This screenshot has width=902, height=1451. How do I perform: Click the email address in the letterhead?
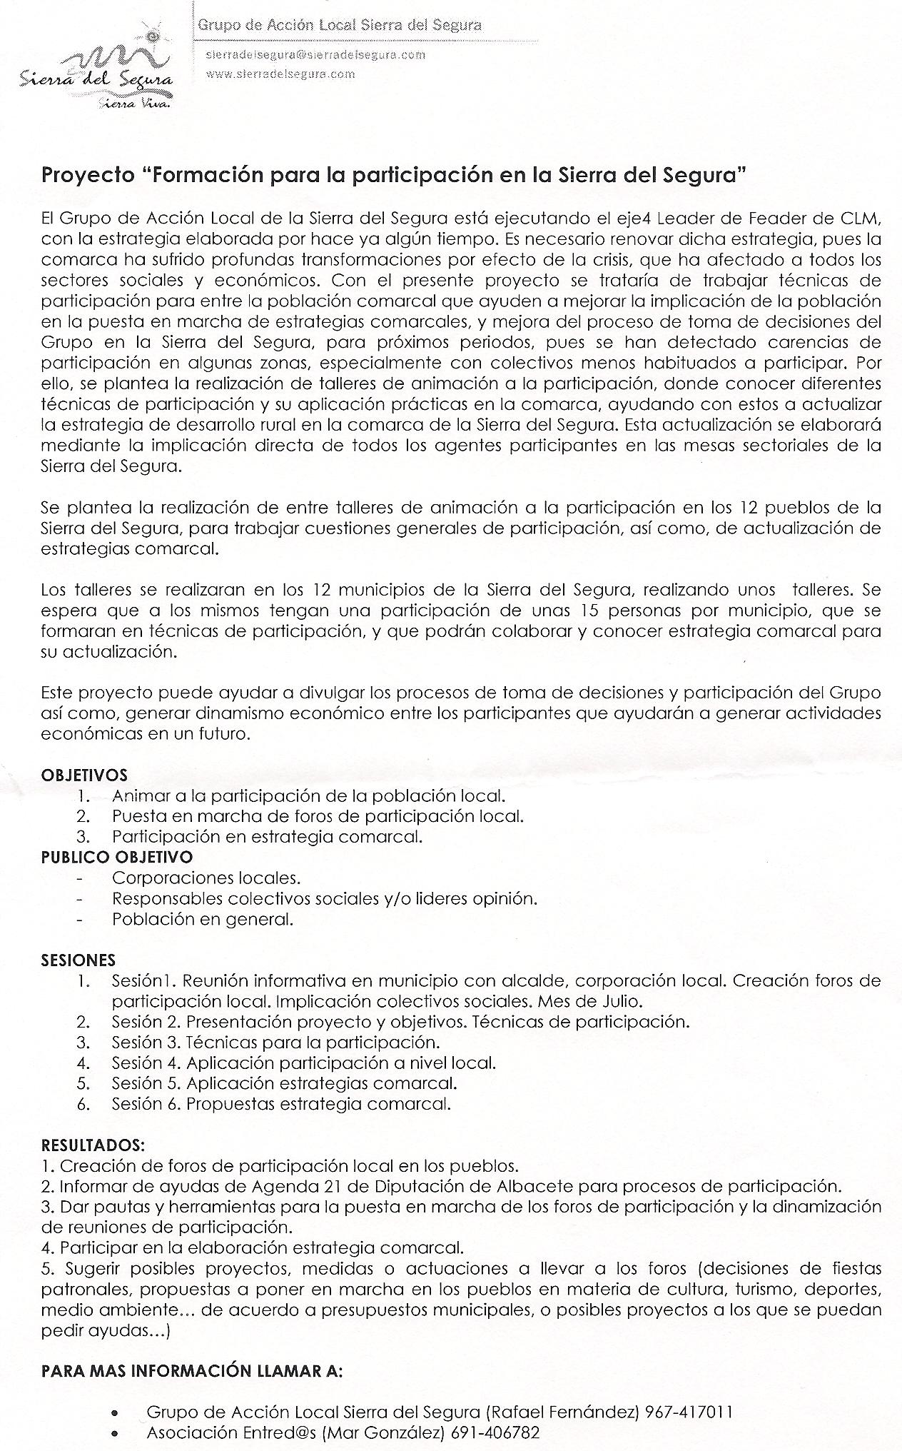[x=315, y=54]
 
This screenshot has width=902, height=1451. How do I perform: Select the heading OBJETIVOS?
[x=84, y=775]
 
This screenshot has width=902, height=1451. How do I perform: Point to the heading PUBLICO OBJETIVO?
[x=116, y=856]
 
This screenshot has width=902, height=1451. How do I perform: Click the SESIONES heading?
[x=78, y=960]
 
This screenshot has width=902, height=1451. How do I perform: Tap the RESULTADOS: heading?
[x=93, y=1145]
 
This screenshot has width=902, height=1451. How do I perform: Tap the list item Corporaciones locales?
[x=206, y=877]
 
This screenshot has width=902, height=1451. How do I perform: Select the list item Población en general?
[x=203, y=919]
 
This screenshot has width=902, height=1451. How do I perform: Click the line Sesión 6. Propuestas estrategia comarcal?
[x=281, y=1103]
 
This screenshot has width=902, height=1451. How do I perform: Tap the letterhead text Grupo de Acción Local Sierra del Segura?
[x=339, y=26]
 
